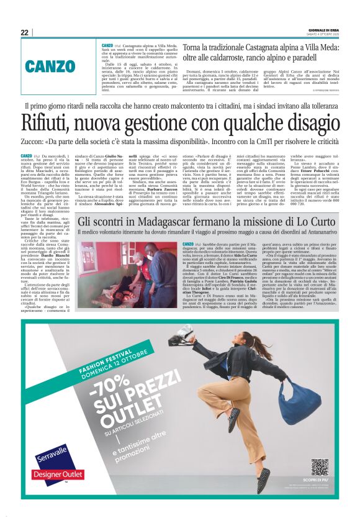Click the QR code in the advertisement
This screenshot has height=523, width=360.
tap(319, 467)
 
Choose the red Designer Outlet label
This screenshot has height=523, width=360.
tap(52, 475)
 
